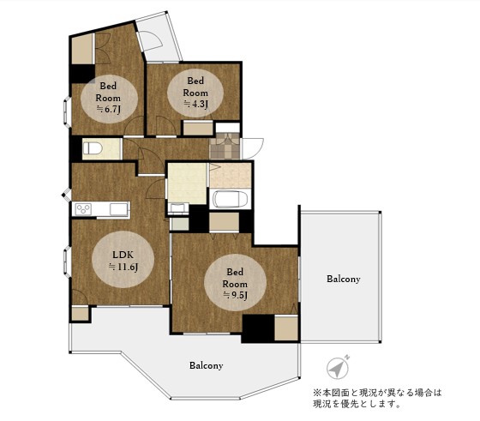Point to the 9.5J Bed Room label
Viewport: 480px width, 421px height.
tap(235, 282)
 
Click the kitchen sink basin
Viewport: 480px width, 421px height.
tap(116, 209)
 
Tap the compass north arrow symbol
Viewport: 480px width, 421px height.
tap(337, 367)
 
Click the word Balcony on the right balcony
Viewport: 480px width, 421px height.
tap(343, 280)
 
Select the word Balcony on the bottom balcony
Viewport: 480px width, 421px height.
tap(206, 365)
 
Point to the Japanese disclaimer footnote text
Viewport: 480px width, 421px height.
tap(377, 398)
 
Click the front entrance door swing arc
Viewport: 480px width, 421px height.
tap(253, 147)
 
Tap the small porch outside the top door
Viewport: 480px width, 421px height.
tap(159, 39)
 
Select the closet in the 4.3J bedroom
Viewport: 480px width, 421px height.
tap(198, 129)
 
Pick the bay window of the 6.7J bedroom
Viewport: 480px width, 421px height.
tap(66, 111)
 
